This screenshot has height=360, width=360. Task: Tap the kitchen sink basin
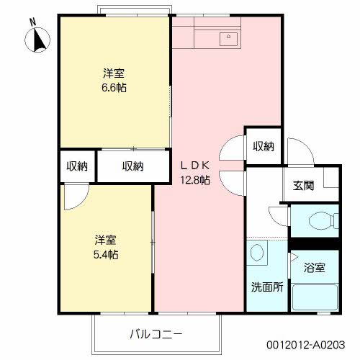(x=228, y=40)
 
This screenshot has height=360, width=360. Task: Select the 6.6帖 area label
(x=114, y=88)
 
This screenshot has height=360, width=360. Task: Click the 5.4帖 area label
(x=106, y=255)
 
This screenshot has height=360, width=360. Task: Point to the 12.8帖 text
(x=195, y=180)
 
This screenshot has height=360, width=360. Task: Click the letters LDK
(x=195, y=166)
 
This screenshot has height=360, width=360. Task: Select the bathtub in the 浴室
(x=315, y=297)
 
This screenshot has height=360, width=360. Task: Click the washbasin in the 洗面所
(x=257, y=253)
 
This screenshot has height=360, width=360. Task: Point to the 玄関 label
(x=303, y=185)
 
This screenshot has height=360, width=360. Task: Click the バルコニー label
(x=156, y=334)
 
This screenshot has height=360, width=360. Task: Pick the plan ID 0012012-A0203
(x=306, y=345)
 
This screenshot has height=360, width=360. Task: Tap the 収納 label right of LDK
(x=264, y=146)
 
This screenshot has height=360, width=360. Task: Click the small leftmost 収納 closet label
(x=77, y=166)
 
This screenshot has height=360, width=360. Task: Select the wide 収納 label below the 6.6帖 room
(x=133, y=166)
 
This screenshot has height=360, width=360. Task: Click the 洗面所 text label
(x=267, y=287)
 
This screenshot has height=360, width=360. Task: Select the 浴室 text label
(x=315, y=268)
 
